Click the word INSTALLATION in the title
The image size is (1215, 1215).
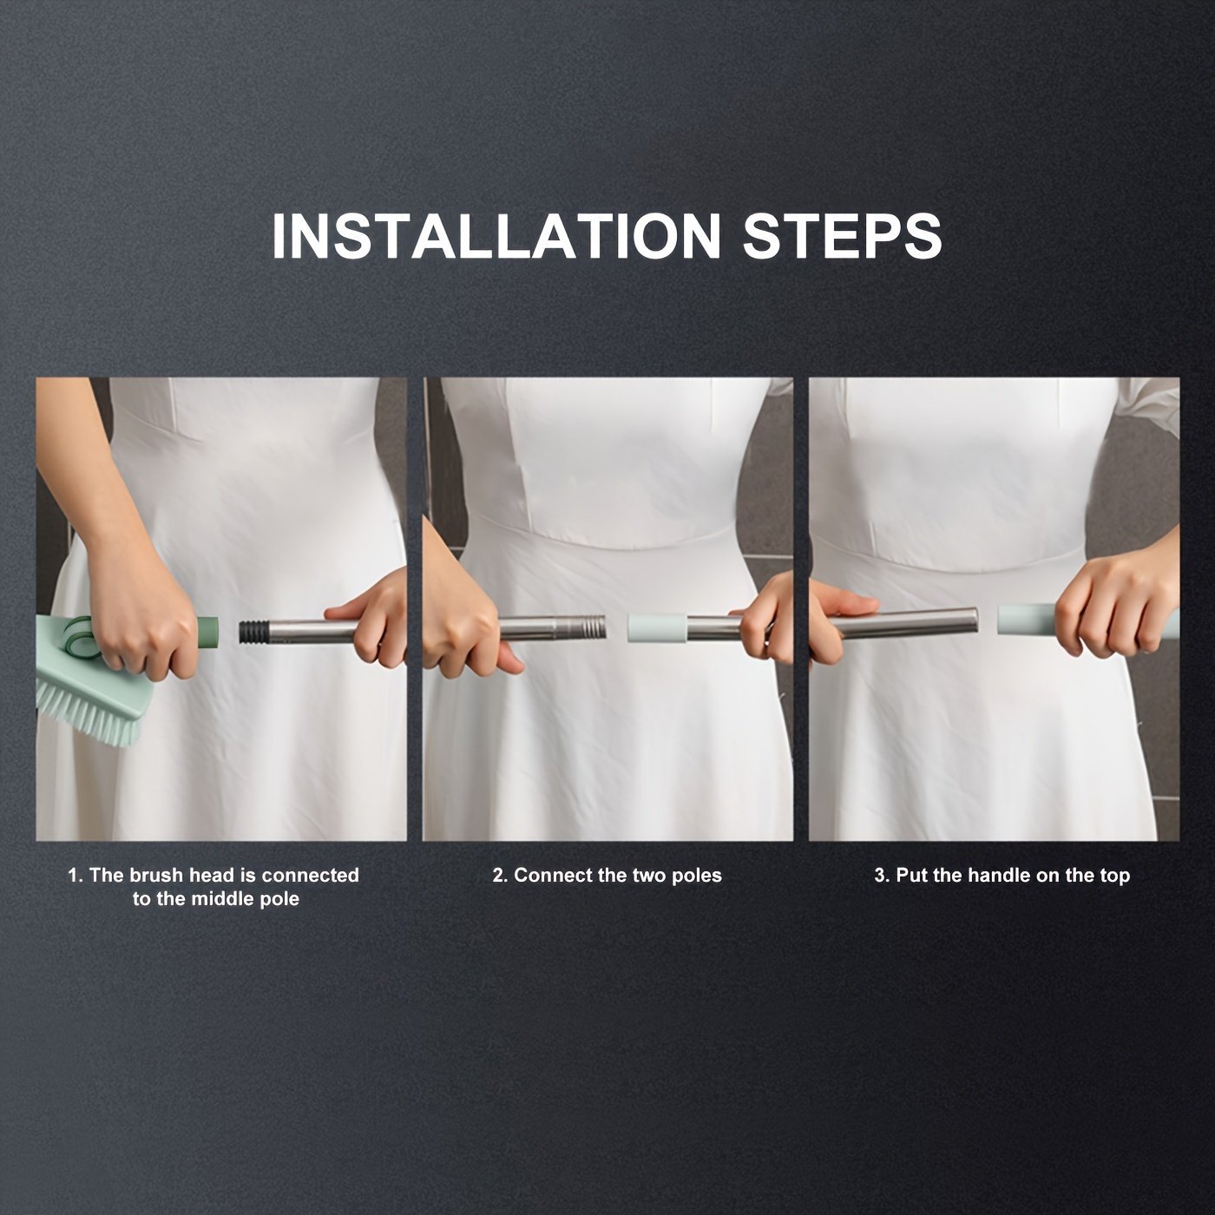tap(496, 236)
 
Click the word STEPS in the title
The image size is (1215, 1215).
tap(843, 236)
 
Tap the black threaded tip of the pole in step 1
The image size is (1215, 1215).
tap(253, 632)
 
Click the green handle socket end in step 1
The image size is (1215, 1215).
tap(207, 633)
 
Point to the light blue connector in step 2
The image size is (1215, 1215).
tap(656, 628)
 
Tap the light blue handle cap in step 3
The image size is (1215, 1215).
tap(1028, 619)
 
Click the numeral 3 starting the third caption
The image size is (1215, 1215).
tap(879, 875)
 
